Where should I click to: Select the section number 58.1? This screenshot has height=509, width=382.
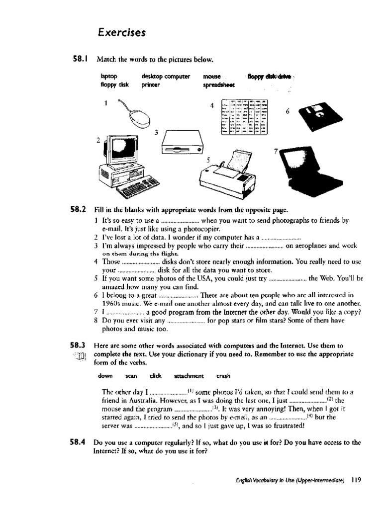point(80,60)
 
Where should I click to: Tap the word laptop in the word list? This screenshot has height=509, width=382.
point(108,77)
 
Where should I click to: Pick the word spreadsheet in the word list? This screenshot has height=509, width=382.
point(219,85)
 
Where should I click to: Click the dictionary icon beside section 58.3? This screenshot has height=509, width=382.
point(83,356)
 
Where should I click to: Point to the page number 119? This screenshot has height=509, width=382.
point(355,480)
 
